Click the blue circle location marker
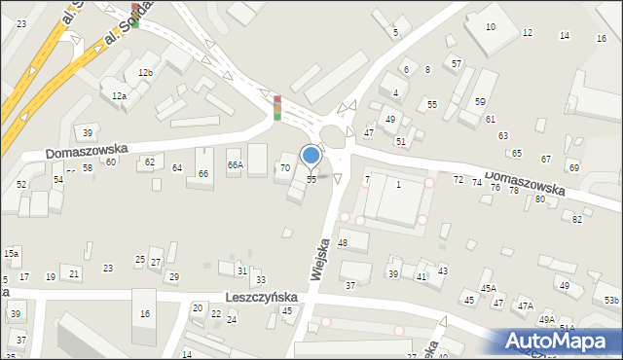point(311,155)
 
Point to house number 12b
point(145,73)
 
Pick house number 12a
point(119,96)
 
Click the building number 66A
point(235,165)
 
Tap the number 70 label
point(285,168)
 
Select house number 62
point(149,162)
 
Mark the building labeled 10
point(490,27)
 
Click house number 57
point(457,63)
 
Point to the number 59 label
point(480,102)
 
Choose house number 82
point(576,220)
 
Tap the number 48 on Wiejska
point(343,242)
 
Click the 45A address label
point(489,288)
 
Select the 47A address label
point(526,306)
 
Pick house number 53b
point(610,301)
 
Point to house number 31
point(241,270)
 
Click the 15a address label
point(11,253)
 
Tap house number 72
point(458,181)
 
